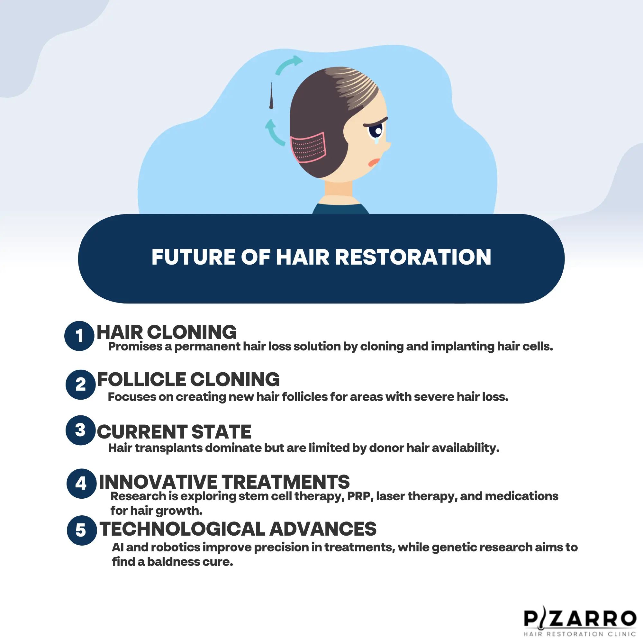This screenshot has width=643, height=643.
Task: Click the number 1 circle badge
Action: [79, 336]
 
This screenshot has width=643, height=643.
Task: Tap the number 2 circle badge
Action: [81, 385]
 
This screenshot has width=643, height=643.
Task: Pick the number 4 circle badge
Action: [81, 484]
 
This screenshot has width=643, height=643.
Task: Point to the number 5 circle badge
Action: [82, 530]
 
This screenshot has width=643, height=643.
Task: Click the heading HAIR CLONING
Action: [167, 332]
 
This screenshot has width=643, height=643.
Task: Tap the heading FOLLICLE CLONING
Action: [188, 379]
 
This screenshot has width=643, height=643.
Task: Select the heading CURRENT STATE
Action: [174, 432]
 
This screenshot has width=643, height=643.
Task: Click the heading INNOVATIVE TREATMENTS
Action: [224, 482]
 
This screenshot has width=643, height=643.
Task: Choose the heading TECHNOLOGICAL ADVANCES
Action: [238, 529]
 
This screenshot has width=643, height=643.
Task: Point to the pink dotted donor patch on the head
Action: [308, 148]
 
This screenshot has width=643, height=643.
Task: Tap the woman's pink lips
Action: [374, 162]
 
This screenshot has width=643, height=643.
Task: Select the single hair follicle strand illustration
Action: [271, 96]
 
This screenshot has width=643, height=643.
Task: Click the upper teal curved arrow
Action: [288, 65]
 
